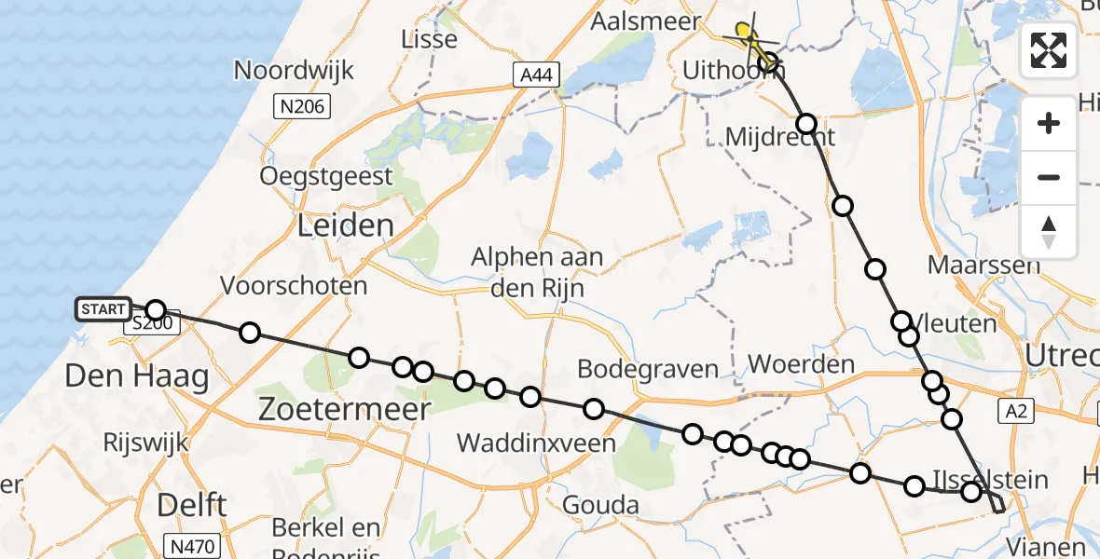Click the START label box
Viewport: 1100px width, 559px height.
[103, 309]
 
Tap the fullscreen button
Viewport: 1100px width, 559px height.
[1049, 50]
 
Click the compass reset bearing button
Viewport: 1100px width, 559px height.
[1049, 232]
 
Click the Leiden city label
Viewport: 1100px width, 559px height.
[345, 225]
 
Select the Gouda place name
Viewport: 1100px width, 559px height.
[601, 506]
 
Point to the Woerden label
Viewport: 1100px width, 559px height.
[802, 363]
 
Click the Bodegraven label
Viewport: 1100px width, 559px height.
[648, 369]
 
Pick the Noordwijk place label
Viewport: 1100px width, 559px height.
[293, 70]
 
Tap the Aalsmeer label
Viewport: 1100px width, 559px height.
[646, 21]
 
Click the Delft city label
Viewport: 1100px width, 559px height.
[191, 505]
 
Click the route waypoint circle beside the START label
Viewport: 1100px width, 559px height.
[156, 310]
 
